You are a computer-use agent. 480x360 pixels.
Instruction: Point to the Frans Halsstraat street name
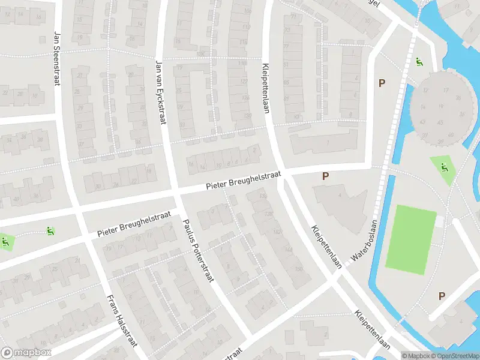[x=122, y=320]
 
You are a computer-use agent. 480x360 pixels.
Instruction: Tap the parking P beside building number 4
[x=326, y=176]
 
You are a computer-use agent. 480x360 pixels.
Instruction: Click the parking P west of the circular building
[x=381, y=83]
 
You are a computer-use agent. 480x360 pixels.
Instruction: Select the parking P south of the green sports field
[x=442, y=296]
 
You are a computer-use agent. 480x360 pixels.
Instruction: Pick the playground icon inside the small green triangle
[x=445, y=167]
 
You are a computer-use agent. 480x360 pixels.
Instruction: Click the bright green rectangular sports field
[x=412, y=235]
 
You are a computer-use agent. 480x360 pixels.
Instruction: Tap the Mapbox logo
[x=26, y=353]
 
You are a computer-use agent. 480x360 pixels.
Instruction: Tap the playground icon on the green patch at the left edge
[x=5, y=242]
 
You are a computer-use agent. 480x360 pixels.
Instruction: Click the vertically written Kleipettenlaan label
[x=265, y=87]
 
